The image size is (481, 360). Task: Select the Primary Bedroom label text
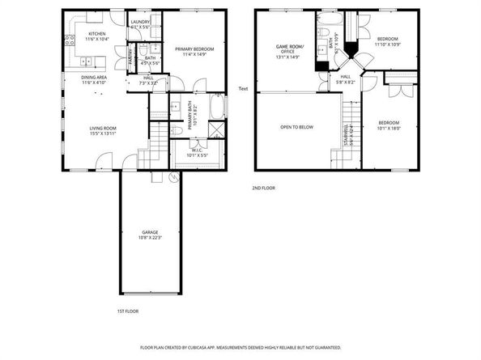(x=191, y=52)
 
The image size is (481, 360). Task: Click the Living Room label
(x=104, y=129)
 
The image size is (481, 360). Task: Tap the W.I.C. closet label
(x=198, y=148)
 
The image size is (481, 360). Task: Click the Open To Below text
(x=296, y=127)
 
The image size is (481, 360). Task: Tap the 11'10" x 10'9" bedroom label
(x=386, y=41)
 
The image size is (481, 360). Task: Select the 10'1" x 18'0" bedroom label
(x=389, y=125)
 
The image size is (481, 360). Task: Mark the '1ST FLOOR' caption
(x=128, y=311)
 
